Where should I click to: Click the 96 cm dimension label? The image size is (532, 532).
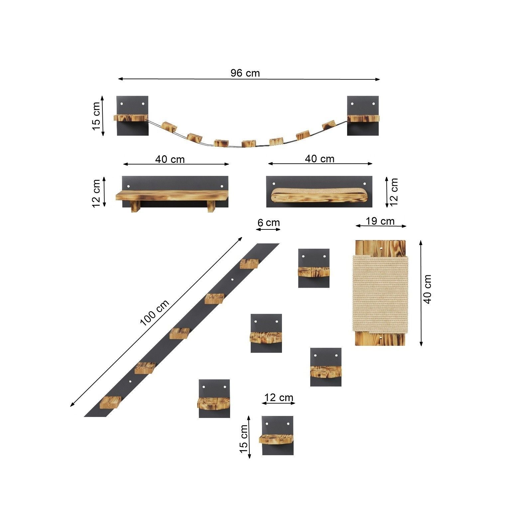pos(245,73)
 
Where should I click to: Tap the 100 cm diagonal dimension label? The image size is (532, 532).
pos(155,313)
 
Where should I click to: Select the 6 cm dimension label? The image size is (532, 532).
pos(269,222)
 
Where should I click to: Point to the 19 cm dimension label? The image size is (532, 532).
pos(380,221)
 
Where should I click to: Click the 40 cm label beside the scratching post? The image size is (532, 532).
pos(428,289)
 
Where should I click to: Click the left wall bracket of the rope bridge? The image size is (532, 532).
pos(132,116)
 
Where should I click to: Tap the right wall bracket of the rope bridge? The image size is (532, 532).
pos(363,116)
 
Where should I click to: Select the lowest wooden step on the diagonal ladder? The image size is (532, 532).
pos(111,402)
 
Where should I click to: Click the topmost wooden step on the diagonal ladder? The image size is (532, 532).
pos(249,264)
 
